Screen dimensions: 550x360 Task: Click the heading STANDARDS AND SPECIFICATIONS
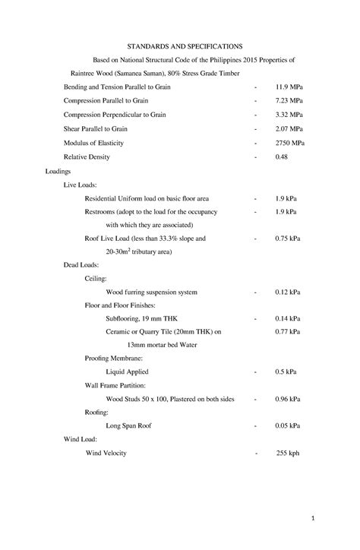coord(180,46)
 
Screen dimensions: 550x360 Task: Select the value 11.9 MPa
coord(289,87)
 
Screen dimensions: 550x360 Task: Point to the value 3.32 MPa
coord(289,115)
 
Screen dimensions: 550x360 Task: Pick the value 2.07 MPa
coord(289,129)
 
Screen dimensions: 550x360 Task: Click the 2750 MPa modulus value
coord(290,143)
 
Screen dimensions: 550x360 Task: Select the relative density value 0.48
coord(283,157)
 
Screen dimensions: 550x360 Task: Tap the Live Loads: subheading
coord(80,185)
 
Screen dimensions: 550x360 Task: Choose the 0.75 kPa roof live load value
coord(288,238)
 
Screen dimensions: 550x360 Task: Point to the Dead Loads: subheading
coord(81,265)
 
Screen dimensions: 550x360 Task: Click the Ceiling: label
coord(96,279)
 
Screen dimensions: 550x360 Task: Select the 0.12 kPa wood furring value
coord(288,292)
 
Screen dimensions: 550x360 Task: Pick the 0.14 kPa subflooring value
coord(288,318)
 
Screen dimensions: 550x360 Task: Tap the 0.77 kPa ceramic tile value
coord(288,332)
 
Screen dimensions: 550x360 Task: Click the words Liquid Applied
coord(127,372)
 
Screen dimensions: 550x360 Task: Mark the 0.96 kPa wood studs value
coord(288,399)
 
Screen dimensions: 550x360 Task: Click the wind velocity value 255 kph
coord(288,453)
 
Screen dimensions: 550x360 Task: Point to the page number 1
coord(333,518)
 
